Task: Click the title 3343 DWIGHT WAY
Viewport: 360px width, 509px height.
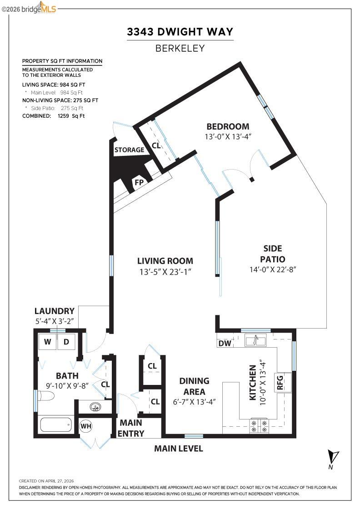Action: tap(180, 32)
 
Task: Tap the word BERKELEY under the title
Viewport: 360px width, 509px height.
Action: tap(180, 48)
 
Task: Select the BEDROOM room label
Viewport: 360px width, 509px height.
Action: tap(228, 126)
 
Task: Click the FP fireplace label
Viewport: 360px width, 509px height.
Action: tap(139, 183)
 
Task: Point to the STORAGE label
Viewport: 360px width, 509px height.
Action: tap(129, 150)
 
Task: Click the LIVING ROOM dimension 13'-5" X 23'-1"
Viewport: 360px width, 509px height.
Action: tap(165, 272)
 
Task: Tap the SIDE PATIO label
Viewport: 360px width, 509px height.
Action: tap(273, 254)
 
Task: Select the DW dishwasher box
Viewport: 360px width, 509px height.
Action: tap(225, 344)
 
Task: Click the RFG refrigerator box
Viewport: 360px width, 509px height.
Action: tap(279, 383)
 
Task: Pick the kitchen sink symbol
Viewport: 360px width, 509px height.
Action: tap(255, 340)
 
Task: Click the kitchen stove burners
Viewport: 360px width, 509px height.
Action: tap(259, 426)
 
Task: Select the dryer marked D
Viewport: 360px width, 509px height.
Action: tap(66, 342)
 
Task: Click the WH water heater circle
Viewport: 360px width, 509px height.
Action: tap(86, 426)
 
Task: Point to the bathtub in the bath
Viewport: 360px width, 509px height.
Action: tap(56, 425)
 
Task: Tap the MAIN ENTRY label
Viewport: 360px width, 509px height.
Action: tap(131, 428)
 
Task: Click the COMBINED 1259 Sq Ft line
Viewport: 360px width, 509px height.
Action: tap(54, 116)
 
